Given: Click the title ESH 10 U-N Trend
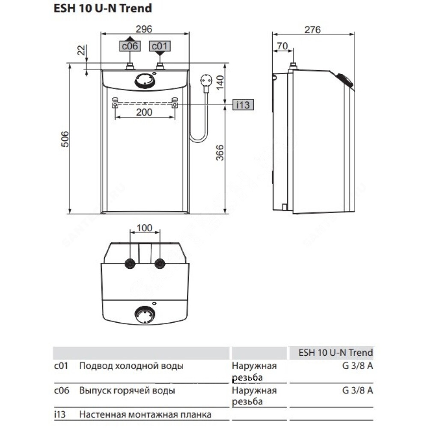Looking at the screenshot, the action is coord(103,8).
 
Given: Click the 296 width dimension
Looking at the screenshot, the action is coord(144,29).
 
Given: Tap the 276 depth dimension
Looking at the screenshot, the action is coord(312,30).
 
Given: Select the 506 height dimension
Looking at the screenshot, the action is coord(65,139).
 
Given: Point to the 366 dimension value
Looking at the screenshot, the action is coord(220,153).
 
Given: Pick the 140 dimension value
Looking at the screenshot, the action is coord(220,82).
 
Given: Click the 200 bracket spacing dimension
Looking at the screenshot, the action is coord(144,112).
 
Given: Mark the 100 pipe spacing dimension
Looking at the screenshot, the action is coord(144,228).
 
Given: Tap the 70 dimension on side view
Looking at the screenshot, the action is coord(282,46).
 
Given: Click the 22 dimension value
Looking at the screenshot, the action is coord(81,50).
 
